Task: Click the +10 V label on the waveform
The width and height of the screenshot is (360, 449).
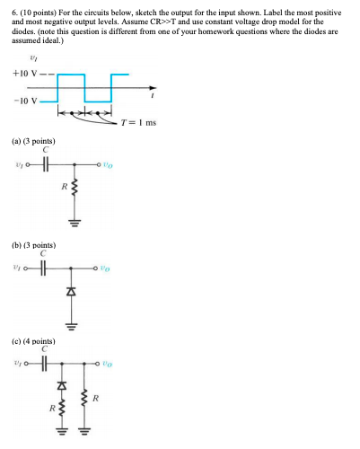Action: [x=22, y=74]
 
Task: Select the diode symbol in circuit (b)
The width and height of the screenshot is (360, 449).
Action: [x=75, y=294]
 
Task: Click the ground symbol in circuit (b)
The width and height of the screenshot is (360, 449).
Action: [x=75, y=323]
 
